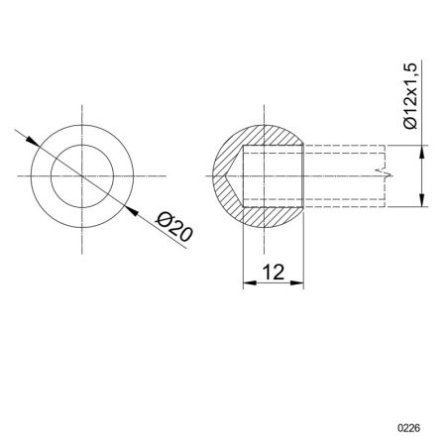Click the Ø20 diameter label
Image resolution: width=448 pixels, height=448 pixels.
click(174, 230)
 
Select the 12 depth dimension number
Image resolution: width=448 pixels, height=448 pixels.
click(274, 272)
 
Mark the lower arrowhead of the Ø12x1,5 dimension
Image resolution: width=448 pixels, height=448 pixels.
click(423, 200)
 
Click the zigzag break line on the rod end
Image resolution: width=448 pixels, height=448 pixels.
click(382, 175)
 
